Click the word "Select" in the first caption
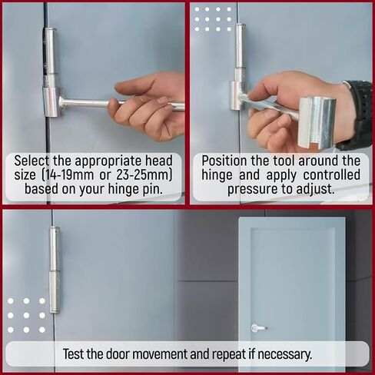tap(35, 161)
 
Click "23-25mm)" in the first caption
tap(144, 176)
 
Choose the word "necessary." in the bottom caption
tap(280, 355)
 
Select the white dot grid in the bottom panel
tap(25, 315)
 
